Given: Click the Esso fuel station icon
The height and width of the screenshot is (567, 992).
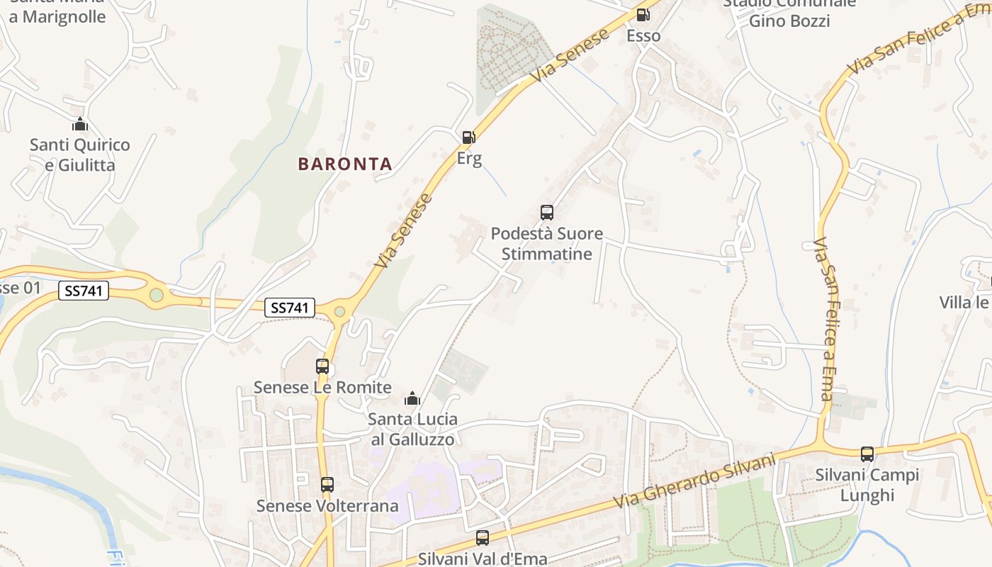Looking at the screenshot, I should click(x=643, y=14).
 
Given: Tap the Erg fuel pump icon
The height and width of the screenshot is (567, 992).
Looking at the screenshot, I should click(x=468, y=137).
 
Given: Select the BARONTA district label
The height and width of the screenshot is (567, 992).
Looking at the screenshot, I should click(x=345, y=164).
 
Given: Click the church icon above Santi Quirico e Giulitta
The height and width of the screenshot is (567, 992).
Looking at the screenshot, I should click(x=80, y=125).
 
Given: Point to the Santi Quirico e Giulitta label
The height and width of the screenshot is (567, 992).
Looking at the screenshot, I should click(x=79, y=155).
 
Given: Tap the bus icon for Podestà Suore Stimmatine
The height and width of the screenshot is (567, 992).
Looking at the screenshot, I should click(x=546, y=212).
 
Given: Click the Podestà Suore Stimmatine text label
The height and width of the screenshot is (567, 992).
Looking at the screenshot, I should click(x=547, y=244).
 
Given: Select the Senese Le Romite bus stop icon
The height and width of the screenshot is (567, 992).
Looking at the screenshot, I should click(x=322, y=366).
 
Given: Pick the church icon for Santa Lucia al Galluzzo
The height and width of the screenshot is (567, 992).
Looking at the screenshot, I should click(x=412, y=398).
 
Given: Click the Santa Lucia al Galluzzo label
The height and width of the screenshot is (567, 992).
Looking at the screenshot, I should click(x=412, y=430).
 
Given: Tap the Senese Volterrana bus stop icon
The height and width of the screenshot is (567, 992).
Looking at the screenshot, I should click(x=327, y=485).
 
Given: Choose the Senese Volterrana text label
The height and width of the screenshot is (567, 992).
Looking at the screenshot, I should click(x=327, y=506).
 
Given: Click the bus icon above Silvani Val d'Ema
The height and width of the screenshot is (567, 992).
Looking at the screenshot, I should click(x=483, y=538).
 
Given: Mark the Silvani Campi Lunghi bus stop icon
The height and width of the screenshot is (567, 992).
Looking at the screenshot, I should click(x=867, y=454).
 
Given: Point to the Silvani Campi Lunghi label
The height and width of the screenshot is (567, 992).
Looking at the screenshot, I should click(x=867, y=485).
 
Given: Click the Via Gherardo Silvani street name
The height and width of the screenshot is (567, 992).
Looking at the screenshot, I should click(x=694, y=482).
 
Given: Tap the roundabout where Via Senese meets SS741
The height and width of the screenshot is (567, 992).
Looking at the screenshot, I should click(x=339, y=311).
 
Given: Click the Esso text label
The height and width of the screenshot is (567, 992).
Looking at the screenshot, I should click(x=643, y=35).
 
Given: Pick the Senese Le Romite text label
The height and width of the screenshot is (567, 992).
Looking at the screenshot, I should click(x=322, y=388).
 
